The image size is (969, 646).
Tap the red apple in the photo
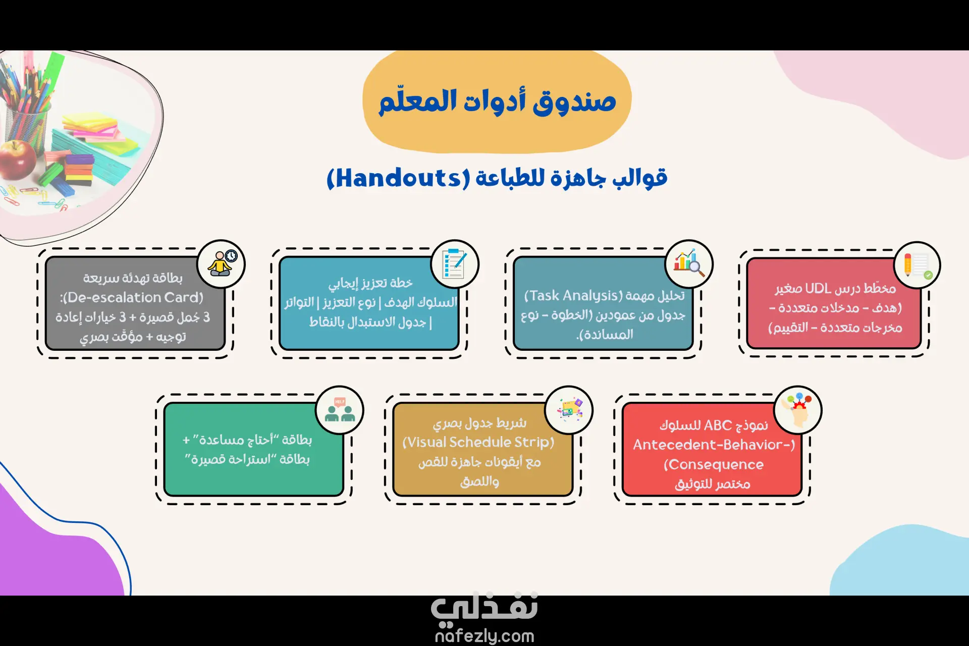tap(17, 160)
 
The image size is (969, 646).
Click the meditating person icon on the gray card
tap(221, 264)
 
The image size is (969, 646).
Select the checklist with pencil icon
tap(454, 264)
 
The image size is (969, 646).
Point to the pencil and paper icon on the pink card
tap(917, 265)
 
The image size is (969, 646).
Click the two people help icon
tap(340, 410)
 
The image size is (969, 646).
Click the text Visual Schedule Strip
tap(478, 443)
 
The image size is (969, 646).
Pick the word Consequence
tap(714, 464)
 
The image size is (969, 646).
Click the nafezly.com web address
tap(484, 636)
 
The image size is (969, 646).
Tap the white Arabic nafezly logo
tap(484, 606)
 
